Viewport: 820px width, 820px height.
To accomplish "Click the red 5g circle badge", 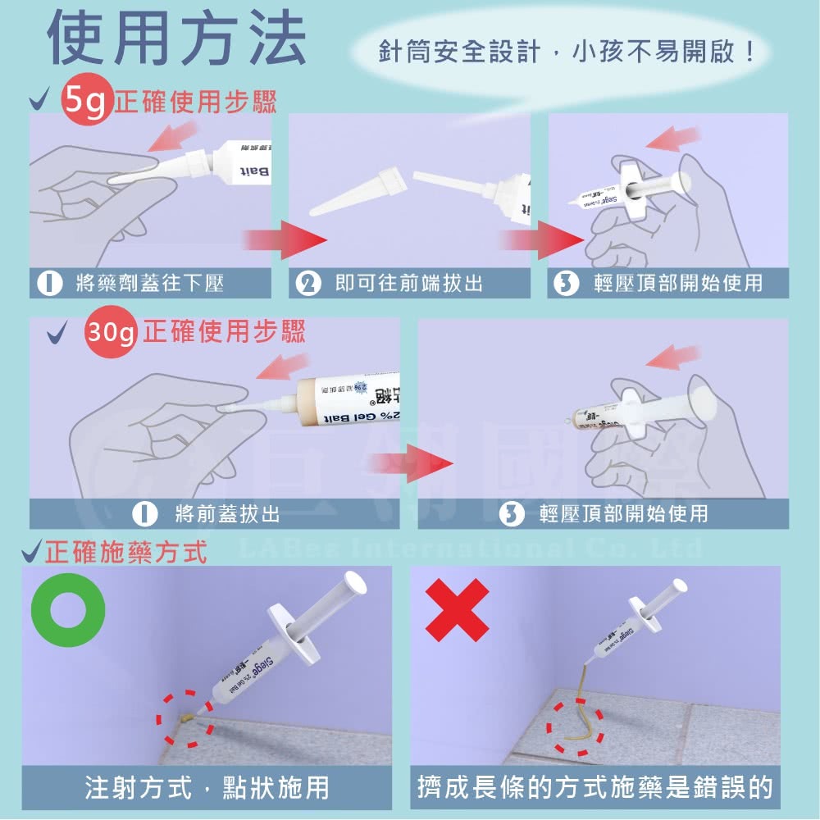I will (x=86, y=102).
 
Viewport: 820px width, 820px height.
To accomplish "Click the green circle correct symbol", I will (x=68, y=610).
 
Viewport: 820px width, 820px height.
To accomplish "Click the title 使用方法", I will (x=176, y=39).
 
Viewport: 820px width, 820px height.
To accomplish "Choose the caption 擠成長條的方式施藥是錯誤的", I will (x=595, y=789).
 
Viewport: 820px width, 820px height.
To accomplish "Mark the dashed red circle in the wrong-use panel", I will (x=577, y=727).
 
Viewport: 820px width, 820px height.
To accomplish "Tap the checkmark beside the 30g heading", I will (x=57, y=334).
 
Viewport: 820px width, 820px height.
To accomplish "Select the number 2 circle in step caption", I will (x=309, y=285).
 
